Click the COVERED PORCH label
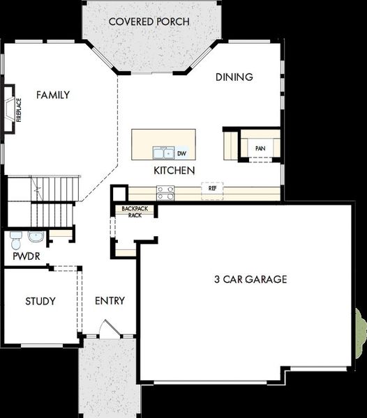pos(149,22)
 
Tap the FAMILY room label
pos(53,95)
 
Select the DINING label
pos(234,77)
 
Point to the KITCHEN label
pos(174,170)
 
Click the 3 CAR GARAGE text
pos(250,279)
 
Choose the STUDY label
pos(40,301)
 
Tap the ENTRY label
pos(110,301)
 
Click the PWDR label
pos(25,256)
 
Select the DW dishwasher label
pos(181,153)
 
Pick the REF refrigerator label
pos(212,188)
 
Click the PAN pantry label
pos(260,148)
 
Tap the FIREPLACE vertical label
pos(19,109)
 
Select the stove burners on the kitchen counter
pos(165,192)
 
